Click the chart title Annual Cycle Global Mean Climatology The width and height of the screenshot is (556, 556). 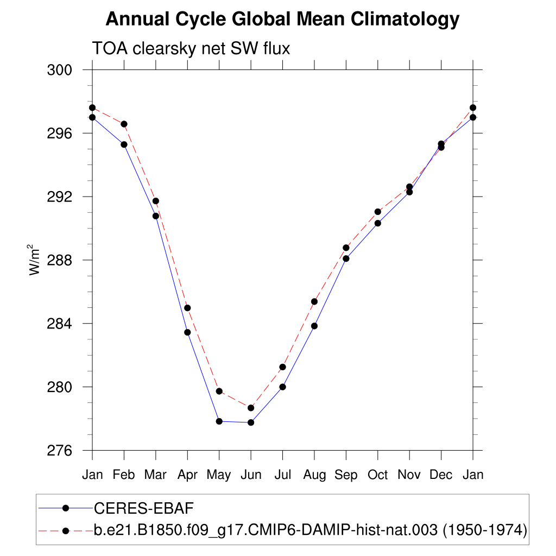282,20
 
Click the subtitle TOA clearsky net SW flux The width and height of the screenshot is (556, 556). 191,49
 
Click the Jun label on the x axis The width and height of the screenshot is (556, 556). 251,475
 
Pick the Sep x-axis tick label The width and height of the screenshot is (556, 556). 346,475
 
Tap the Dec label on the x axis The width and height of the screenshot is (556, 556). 441,475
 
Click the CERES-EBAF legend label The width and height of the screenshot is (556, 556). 144,508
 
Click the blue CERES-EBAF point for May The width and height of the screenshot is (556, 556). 219,421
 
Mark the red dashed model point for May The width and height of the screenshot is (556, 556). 219,391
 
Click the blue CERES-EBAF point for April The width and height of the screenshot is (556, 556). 187,332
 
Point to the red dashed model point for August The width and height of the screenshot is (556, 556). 314,301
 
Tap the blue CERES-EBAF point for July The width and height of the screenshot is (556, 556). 283,387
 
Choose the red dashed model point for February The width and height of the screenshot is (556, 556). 124,124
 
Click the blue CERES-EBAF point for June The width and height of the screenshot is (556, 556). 251,422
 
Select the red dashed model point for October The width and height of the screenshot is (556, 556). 378,212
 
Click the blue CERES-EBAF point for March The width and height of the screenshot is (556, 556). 156,216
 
